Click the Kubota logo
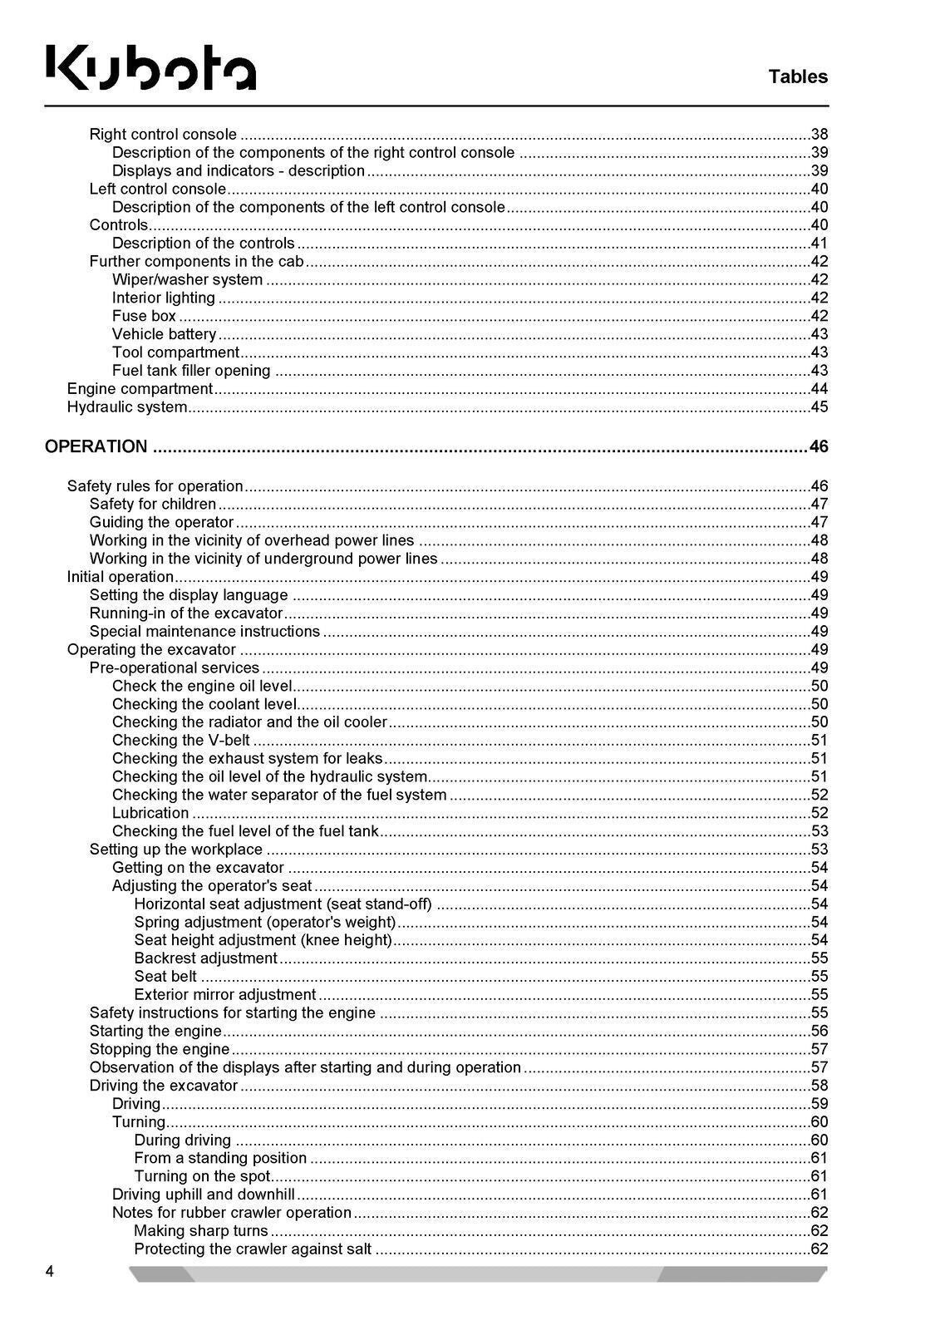(150, 66)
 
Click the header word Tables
(797, 76)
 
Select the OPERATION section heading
(96, 446)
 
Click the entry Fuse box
(144, 316)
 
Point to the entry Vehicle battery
(164, 334)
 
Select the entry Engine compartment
(140, 389)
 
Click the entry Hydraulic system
(126, 407)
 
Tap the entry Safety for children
(153, 504)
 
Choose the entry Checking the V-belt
(180, 740)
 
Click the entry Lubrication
(150, 813)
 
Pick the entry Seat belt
(165, 976)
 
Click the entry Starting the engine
(155, 1031)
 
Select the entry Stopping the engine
(159, 1049)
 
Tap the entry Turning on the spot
(202, 1176)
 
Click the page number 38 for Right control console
(819, 135)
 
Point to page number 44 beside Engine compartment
(819, 389)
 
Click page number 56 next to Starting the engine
(819, 1031)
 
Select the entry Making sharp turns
(200, 1231)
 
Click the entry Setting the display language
(189, 595)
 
